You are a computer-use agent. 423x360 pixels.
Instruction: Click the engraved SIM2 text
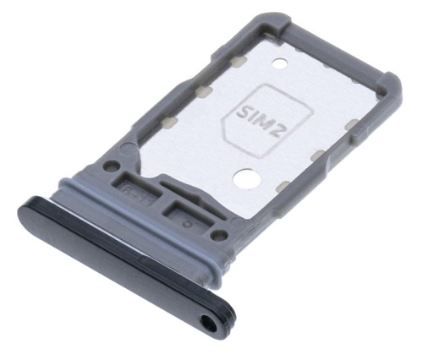[261, 121]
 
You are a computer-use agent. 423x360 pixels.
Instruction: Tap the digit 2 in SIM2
[279, 130]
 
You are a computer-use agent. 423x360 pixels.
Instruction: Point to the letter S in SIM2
[243, 111]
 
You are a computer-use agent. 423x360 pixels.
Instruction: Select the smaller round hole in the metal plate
[280, 63]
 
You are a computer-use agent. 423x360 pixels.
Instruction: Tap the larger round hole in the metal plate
[244, 178]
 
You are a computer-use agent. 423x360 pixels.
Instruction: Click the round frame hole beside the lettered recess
[111, 165]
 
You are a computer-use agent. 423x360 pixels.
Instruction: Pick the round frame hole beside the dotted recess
[219, 235]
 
